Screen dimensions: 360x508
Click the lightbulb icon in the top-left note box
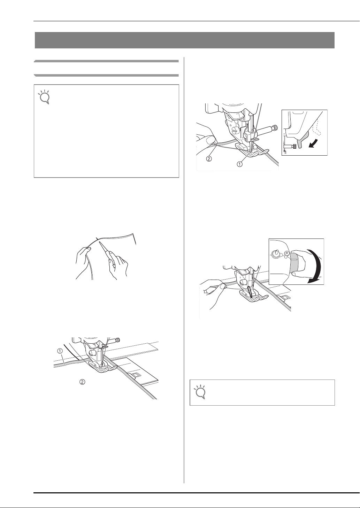tap(44, 97)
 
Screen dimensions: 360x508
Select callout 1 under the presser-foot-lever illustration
tap(240, 164)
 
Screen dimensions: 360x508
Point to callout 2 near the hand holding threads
tap(209, 159)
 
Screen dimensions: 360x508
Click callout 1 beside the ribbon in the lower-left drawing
tap(60, 351)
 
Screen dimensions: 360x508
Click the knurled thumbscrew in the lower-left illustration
tap(117, 339)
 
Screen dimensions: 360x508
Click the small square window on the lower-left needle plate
tap(135, 375)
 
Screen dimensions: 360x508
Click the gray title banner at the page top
tap(185, 40)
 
